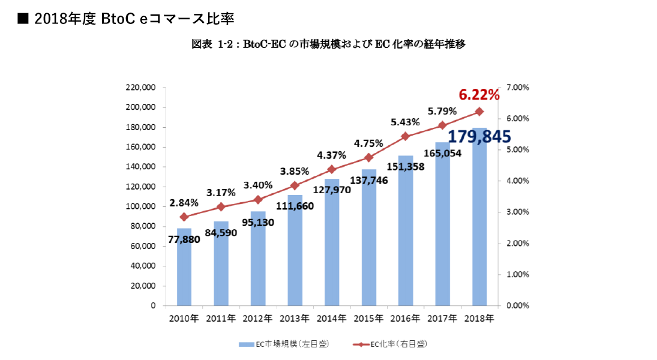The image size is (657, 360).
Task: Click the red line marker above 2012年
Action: [258, 199]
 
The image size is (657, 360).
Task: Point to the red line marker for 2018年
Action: [479, 111]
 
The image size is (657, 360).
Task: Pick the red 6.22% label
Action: [479, 94]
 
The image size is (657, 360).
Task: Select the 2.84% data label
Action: [184, 202]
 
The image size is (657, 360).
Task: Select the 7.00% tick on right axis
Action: [517, 88]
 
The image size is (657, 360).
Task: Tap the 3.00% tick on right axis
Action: [517, 212]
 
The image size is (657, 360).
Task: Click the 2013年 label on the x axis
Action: [295, 318]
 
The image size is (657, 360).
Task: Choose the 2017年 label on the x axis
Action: [442, 318]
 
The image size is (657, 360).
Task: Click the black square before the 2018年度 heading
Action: [23, 19]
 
